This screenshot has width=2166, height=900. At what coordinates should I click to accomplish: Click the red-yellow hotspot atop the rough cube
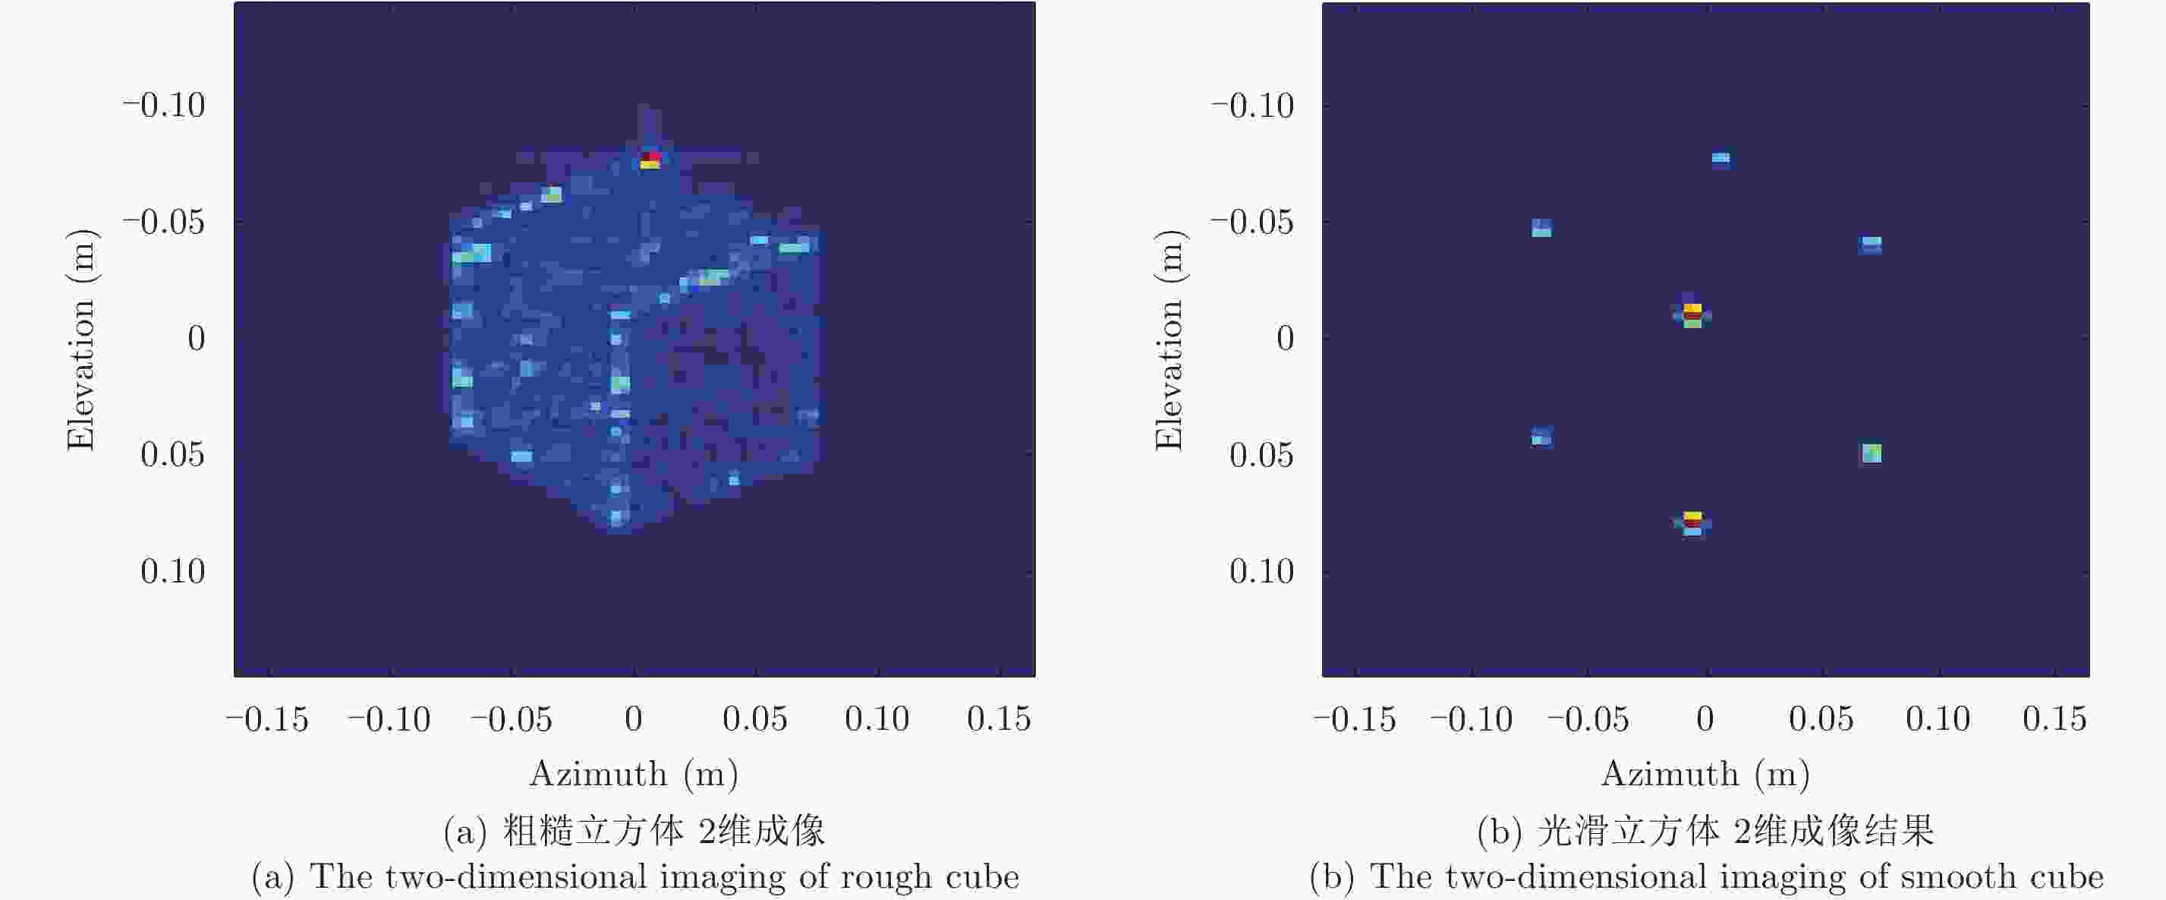coord(650,159)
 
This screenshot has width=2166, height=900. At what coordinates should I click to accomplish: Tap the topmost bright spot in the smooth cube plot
coord(1721,158)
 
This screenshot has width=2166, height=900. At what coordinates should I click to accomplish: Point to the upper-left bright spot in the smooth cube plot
coord(1541,228)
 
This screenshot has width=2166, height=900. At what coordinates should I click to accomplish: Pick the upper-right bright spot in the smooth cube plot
coord(1871,244)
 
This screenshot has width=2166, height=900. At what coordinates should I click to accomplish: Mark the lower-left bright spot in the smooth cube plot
coord(1541,437)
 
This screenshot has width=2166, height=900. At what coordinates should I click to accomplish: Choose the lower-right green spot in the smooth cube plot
coord(1871,453)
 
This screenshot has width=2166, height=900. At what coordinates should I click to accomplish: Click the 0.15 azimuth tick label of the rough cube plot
coord(998,719)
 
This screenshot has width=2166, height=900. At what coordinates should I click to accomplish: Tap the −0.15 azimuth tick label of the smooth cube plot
coord(1354,719)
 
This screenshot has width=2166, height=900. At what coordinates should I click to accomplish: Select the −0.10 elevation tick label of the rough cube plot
coord(164,106)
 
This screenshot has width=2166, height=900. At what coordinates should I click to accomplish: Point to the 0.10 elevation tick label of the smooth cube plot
coord(1261,572)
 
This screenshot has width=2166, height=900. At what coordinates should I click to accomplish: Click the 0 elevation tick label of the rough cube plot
coord(196,338)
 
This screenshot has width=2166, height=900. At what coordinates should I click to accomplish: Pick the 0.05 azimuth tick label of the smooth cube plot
coord(1821,719)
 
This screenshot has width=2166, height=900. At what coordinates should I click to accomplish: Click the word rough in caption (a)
coord(886,876)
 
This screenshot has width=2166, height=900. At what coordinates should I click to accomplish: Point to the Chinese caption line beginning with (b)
coord(1705,831)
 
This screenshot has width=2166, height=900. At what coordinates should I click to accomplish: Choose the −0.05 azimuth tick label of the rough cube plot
coord(512,719)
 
